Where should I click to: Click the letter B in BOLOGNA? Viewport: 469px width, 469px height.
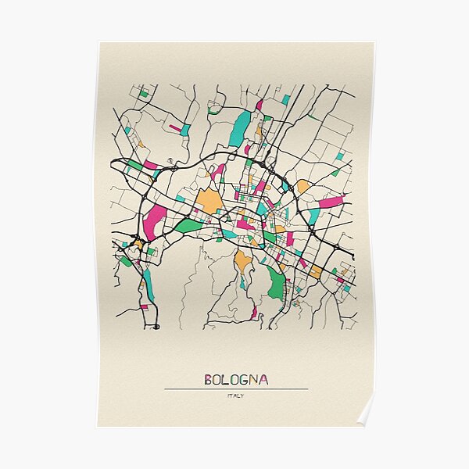(209, 380)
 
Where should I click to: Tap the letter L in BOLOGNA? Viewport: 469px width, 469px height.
(230, 380)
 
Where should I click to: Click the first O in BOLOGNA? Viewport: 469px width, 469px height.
(219, 380)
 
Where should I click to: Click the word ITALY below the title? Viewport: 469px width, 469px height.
(236, 396)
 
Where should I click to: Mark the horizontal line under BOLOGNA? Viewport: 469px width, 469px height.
(236, 389)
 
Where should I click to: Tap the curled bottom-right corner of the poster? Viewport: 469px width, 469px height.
(366, 414)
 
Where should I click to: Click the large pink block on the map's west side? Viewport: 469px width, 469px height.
(153, 221)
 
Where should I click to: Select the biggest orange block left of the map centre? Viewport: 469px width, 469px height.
(209, 201)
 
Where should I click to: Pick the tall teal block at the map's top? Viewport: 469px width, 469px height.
(240, 128)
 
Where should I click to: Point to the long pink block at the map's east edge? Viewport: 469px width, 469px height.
(331, 202)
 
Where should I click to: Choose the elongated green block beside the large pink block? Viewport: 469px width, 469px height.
(188, 225)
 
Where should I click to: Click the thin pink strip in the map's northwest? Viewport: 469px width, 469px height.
(176, 128)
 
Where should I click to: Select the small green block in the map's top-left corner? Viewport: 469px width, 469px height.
(144, 94)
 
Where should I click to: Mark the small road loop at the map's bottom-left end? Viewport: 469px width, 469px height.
(156, 326)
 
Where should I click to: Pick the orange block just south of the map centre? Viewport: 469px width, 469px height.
(243, 260)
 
